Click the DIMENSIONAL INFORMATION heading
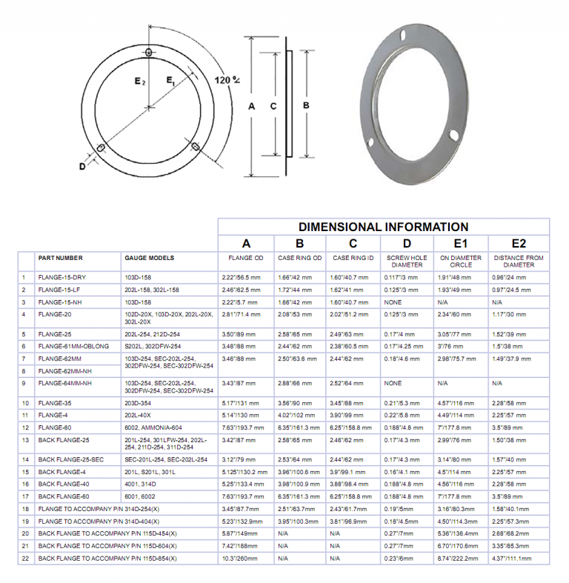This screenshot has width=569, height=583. point(383,227)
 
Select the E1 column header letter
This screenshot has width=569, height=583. point(460,243)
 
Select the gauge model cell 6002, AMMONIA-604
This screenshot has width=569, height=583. point(153,427)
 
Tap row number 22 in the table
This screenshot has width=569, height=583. point(24,558)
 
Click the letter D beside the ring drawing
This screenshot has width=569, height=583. point(81,166)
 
